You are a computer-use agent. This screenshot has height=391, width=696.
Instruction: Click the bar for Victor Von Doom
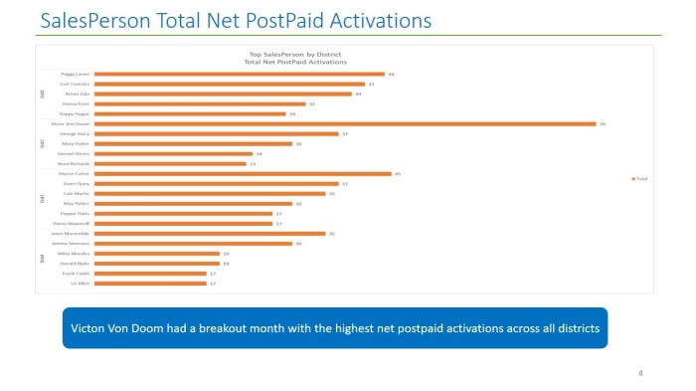[348, 123]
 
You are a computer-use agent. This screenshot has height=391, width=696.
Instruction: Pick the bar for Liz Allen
[154, 284]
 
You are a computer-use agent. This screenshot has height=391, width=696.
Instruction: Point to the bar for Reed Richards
[174, 163]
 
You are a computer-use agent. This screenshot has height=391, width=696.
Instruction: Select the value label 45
[398, 173]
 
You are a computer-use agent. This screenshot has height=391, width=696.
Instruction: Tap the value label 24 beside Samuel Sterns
[260, 153]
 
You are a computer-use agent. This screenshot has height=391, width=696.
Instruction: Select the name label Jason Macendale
[74, 234]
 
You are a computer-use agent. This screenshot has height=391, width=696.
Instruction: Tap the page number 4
[639, 373]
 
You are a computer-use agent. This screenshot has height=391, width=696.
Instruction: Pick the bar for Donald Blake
[160, 264]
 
